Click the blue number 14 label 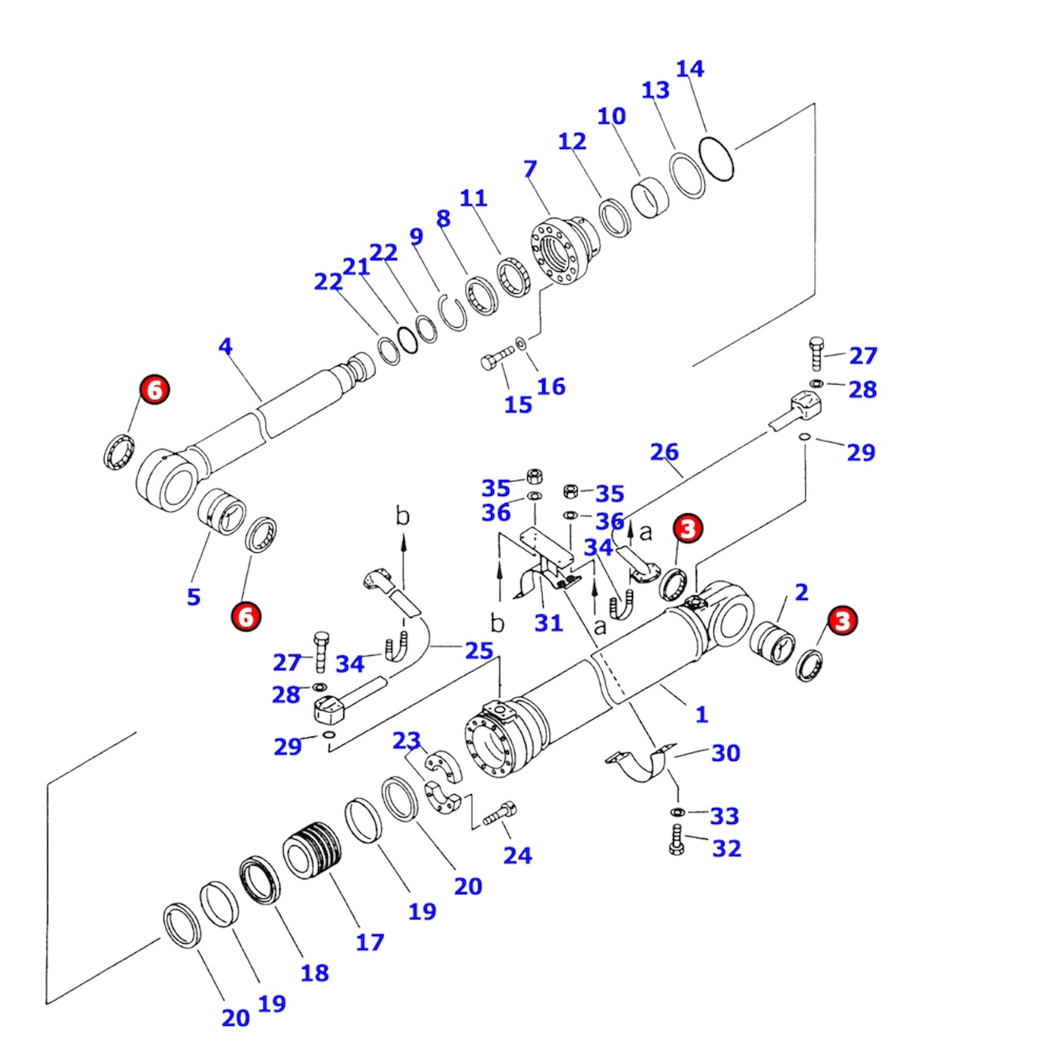(x=690, y=69)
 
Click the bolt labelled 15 (x=496, y=360)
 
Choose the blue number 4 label (x=226, y=346)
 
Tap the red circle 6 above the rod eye (x=155, y=390)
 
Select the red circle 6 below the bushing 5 (x=246, y=616)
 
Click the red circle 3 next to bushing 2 (x=843, y=621)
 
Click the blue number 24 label (x=518, y=856)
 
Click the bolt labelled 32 (x=676, y=841)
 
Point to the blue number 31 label (x=548, y=623)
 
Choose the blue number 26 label (x=664, y=452)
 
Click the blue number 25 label (x=479, y=651)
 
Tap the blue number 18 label (x=314, y=973)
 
